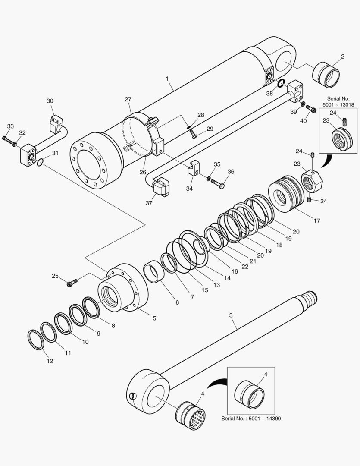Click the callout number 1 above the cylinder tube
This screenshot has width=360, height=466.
168,79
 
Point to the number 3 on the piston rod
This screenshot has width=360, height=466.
231,315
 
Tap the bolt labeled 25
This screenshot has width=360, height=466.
71,283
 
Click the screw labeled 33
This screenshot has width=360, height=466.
6,139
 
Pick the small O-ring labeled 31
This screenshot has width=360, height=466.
40,162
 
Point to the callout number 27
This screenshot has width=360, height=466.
128,99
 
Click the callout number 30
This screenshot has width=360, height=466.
50,101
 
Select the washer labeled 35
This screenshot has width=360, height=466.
208,178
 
